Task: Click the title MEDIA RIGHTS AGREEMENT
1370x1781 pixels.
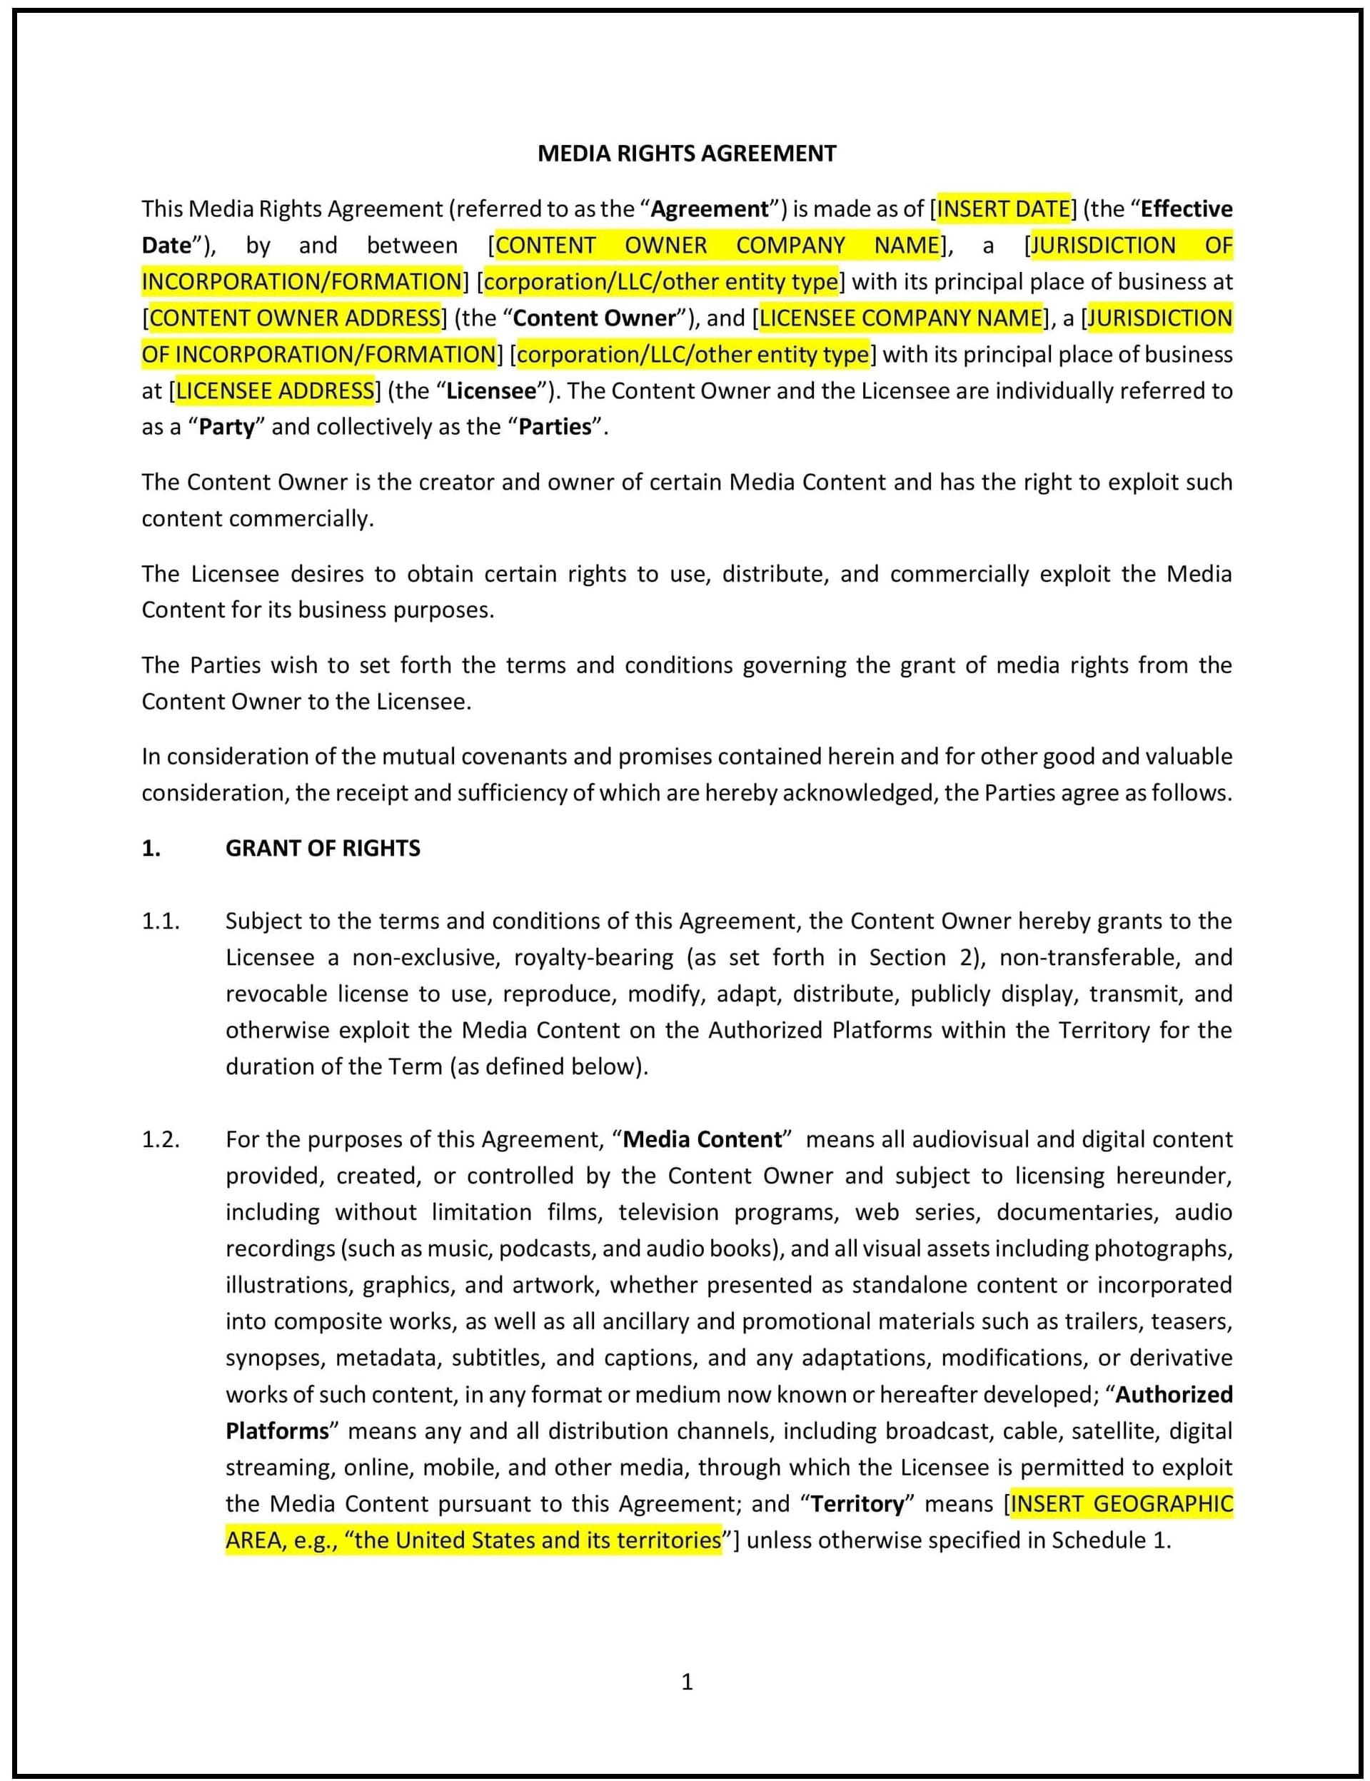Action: (687, 153)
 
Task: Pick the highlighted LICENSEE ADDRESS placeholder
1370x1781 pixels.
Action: (275, 390)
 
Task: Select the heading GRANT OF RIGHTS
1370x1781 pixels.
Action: (323, 848)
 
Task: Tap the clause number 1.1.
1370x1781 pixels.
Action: (160, 921)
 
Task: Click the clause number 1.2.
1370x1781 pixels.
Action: (160, 1139)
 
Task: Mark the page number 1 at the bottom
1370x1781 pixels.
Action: (687, 1682)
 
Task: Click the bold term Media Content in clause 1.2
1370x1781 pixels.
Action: (702, 1139)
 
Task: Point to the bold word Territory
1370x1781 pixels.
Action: (858, 1504)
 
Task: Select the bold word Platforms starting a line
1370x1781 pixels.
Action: (277, 1431)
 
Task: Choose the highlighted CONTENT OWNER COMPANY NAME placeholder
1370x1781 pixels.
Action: (717, 246)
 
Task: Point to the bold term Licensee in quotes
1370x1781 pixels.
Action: (492, 390)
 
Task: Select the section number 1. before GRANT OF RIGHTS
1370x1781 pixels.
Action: (151, 848)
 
